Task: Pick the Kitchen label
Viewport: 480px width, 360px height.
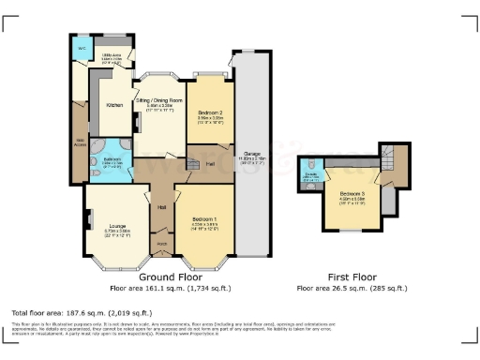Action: tap(114, 105)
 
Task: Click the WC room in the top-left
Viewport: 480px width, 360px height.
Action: tap(82, 48)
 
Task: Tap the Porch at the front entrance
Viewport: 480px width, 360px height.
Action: tap(161, 247)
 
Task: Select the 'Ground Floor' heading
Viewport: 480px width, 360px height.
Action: tap(172, 277)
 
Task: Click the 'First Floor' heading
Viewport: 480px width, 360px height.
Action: tap(352, 277)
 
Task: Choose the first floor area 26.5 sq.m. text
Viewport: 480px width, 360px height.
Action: tap(352, 289)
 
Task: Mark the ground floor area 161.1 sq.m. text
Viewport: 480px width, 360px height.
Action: tap(172, 289)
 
